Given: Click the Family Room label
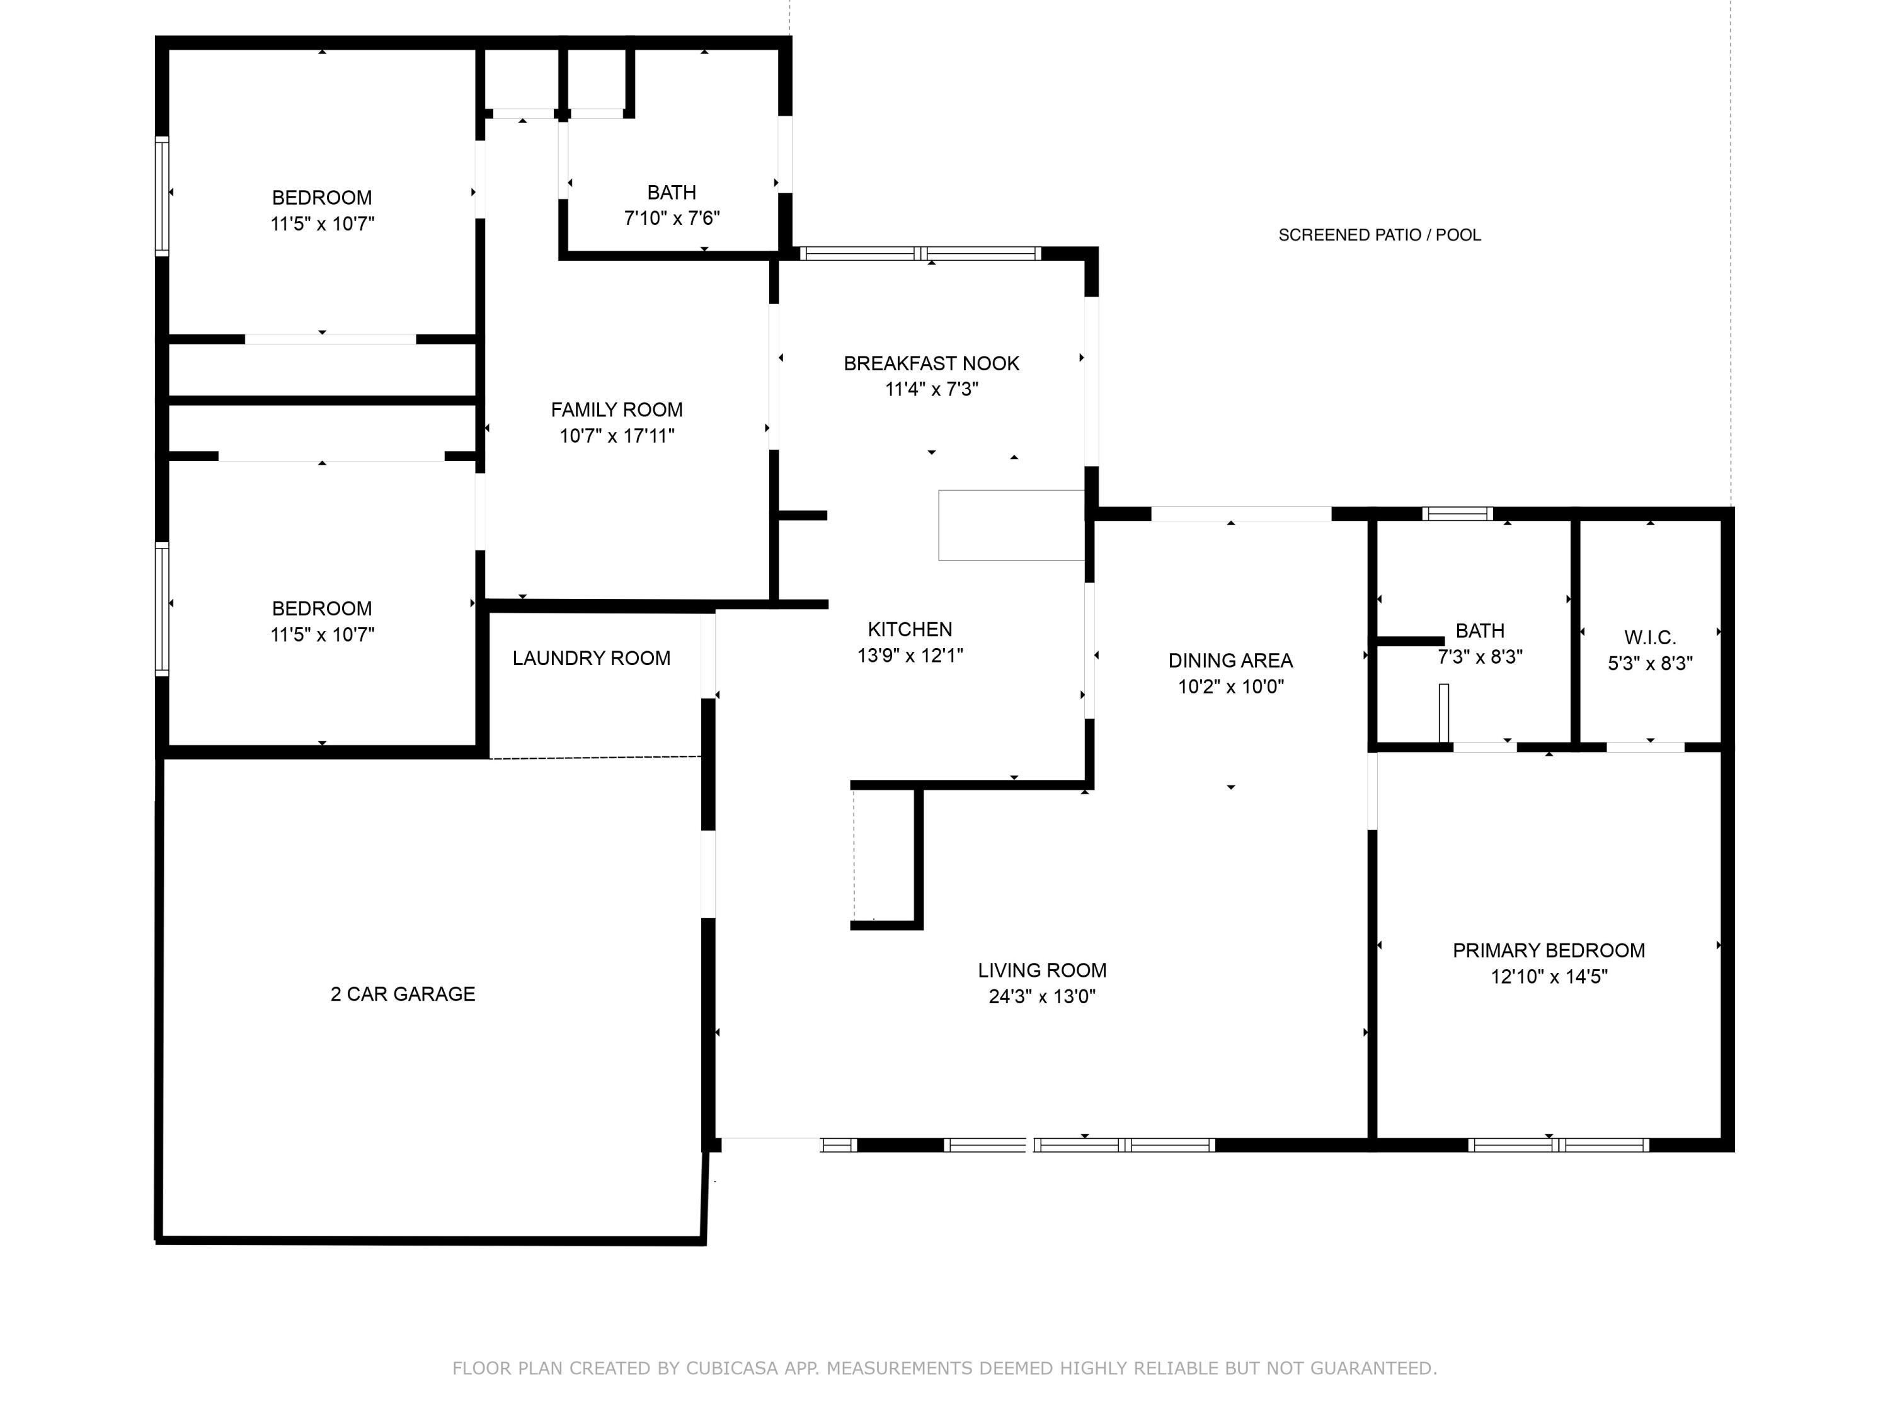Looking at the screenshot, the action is click(x=616, y=410).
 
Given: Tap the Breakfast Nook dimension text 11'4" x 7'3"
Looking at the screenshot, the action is click(x=931, y=389).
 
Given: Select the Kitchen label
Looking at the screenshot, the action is click(x=910, y=630).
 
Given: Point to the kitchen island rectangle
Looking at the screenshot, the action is click(x=1012, y=525).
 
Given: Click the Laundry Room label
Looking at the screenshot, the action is click(x=592, y=659).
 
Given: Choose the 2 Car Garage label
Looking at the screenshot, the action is click(x=403, y=994).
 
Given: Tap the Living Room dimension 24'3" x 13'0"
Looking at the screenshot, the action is click(x=1041, y=997).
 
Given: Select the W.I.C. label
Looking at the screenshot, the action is click(x=1650, y=637).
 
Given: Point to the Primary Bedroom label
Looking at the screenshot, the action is click(x=1549, y=950).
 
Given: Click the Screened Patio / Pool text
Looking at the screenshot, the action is click(x=1379, y=235).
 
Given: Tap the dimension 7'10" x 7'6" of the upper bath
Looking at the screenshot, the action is click(x=672, y=219).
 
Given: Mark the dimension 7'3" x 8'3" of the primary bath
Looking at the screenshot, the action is click(x=1480, y=657).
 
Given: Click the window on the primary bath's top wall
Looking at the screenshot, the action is click(x=1458, y=513).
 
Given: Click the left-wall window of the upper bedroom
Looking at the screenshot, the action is click(x=161, y=196).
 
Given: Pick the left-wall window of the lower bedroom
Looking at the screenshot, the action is click(x=161, y=609).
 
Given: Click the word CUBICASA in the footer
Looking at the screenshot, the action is click(x=731, y=1369).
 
